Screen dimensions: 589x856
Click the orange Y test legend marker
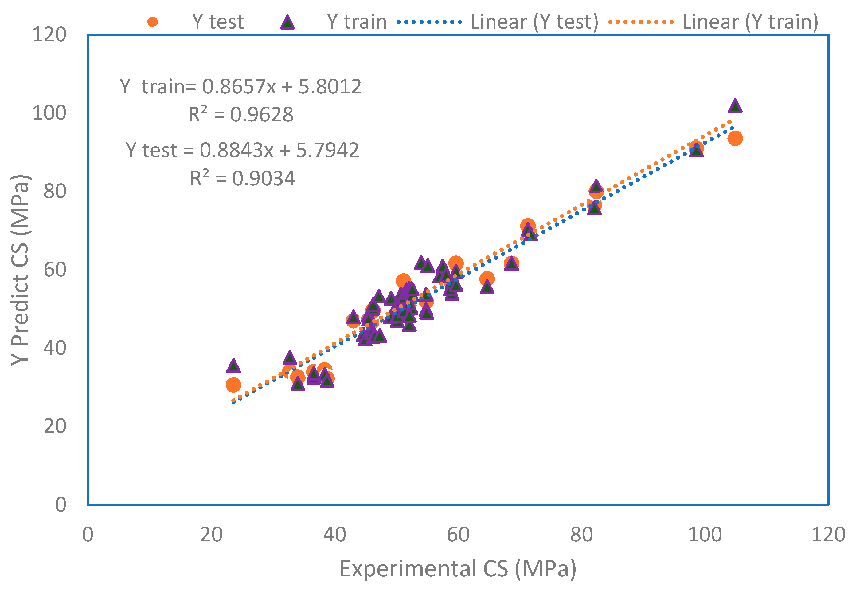[x=152, y=22]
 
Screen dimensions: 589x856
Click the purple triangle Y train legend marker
[x=287, y=22]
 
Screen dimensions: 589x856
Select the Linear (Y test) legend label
[x=534, y=22]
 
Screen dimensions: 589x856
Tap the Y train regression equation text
[x=241, y=87]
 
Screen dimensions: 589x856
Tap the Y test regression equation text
[x=242, y=150]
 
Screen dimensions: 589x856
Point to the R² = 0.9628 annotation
[x=241, y=114]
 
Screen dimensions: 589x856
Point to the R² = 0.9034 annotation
[x=242, y=178]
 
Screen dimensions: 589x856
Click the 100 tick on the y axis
[x=49, y=113]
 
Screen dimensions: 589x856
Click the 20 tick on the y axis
[x=55, y=426]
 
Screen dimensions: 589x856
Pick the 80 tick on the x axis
[x=581, y=535]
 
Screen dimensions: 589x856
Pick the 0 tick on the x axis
[x=88, y=535]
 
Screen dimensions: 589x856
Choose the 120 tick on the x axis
[x=828, y=535]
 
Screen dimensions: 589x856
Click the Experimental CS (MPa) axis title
[x=458, y=569]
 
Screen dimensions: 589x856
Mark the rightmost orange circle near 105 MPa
[x=735, y=138]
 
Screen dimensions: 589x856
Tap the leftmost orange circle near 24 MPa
[x=233, y=385]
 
